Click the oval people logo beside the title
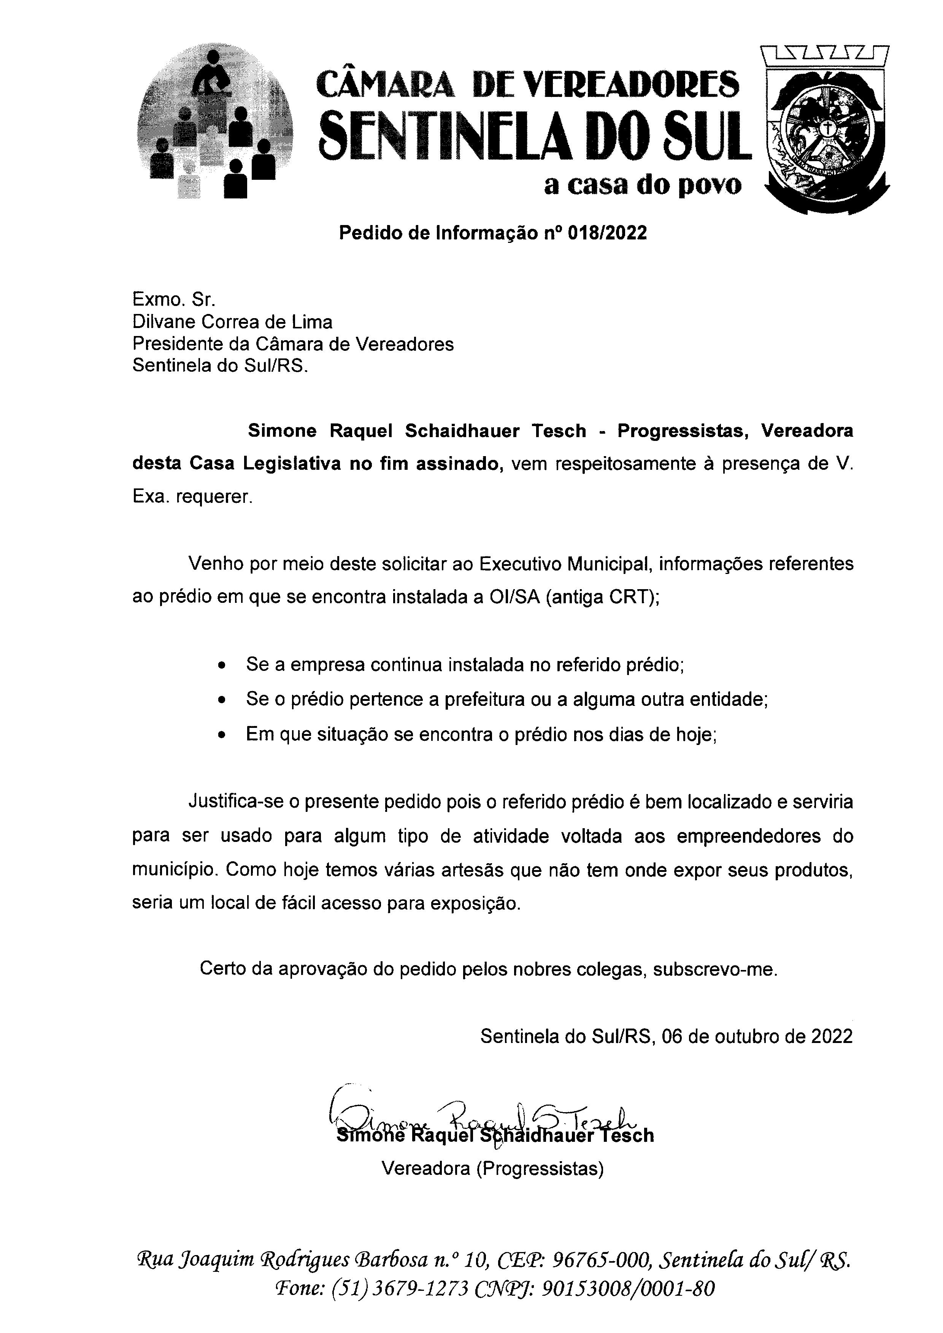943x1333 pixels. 215,125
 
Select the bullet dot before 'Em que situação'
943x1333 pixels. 221,735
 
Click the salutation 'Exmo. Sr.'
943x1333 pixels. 174,300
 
